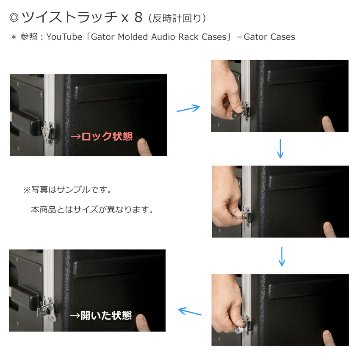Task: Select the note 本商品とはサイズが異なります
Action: point(91,209)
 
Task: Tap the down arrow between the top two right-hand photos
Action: point(281,150)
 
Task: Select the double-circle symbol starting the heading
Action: point(13,17)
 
